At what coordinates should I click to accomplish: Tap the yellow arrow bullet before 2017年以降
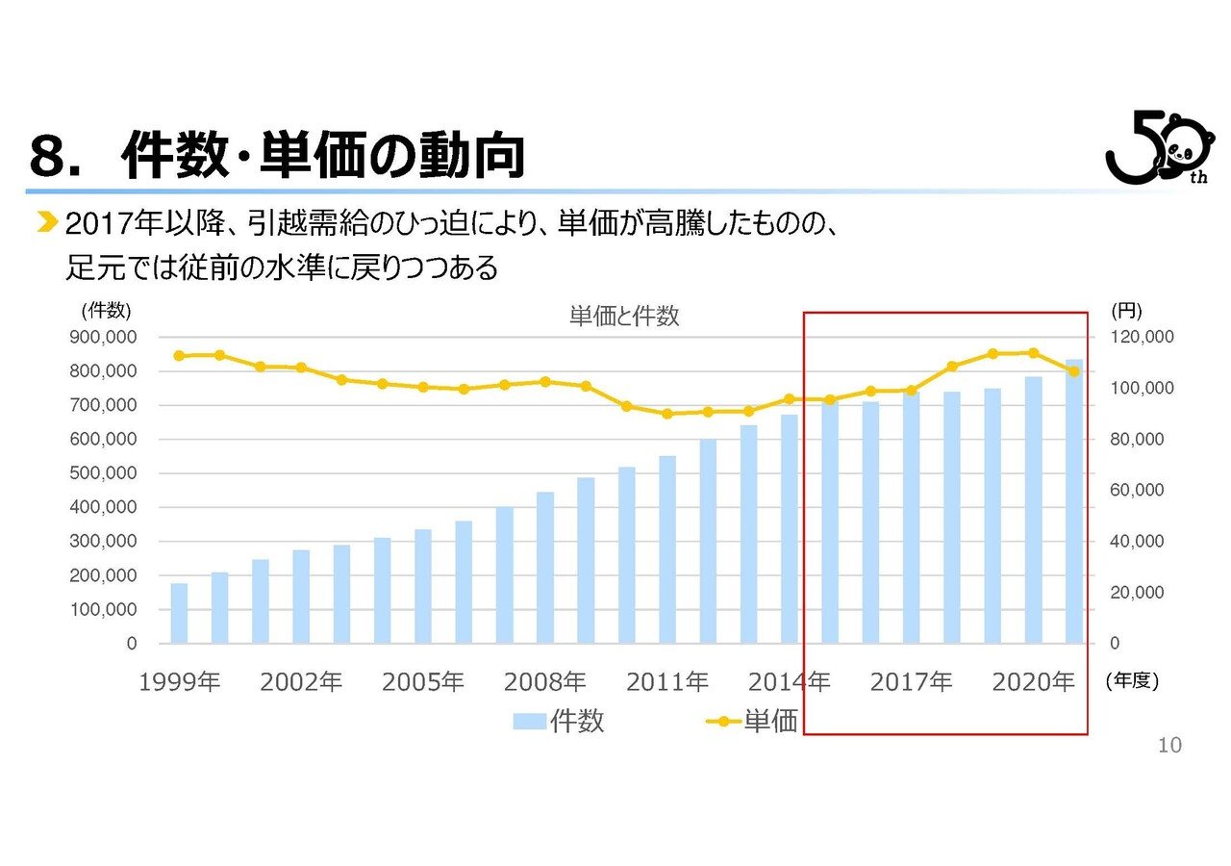click(45, 224)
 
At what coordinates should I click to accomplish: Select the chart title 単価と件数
click(624, 317)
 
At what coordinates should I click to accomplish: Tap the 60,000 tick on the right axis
click(1133, 490)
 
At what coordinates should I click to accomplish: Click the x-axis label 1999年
click(180, 682)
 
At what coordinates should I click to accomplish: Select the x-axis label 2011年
click(667, 682)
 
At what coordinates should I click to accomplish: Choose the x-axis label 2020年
click(1033, 682)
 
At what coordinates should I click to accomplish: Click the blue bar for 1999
click(179, 613)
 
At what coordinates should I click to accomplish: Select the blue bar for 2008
click(545, 567)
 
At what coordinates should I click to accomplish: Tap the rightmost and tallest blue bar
click(1073, 500)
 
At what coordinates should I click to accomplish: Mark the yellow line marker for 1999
click(179, 355)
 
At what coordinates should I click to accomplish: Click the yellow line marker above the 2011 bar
click(667, 414)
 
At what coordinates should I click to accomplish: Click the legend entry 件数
click(559, 721)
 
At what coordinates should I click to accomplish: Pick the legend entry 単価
click(752, 721)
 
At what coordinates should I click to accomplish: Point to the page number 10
click(1169, 745)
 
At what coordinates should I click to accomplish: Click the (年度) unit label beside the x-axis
click(1132, 681)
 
